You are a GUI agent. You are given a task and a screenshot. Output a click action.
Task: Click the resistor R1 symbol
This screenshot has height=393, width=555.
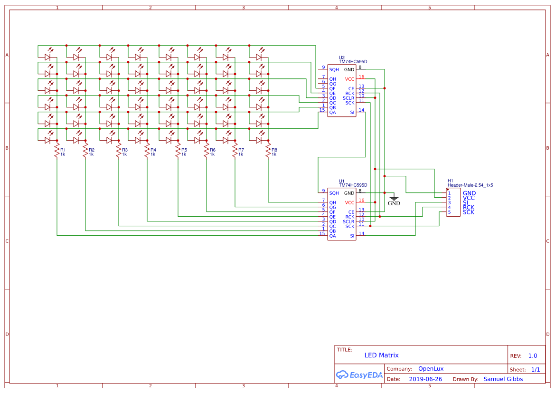point(57,152)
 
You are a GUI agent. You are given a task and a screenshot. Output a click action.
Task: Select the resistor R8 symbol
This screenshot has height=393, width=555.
point(268,152)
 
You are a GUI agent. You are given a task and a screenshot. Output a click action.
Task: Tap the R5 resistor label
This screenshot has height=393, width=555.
point(184,150)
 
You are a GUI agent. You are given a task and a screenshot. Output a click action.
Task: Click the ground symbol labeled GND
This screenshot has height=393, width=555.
point(394,199)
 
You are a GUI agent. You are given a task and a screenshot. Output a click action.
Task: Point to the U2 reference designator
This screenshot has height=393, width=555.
point(342,57)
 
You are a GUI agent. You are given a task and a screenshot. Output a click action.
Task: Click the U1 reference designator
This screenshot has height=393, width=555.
point(342,181)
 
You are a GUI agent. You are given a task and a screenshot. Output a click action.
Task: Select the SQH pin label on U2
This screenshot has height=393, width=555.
point(334,69)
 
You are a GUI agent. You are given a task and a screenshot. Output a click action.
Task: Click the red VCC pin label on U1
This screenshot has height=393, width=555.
point(349,202)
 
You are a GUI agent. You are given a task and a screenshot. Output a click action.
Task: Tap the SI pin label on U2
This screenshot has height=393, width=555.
point(352,112)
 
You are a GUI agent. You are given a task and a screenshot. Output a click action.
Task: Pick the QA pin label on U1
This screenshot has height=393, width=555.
point(332,236)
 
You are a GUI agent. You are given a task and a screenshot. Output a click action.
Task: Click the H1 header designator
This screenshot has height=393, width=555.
point(451,181)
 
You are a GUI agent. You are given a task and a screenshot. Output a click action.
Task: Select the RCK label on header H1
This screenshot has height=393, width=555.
point(469,207)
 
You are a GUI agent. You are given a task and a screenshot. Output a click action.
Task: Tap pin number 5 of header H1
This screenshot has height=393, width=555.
point(449,212)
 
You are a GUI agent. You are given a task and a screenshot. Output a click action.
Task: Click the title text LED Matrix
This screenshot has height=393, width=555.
point(381,355)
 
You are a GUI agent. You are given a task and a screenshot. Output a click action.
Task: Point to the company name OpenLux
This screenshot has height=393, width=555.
point(431,368)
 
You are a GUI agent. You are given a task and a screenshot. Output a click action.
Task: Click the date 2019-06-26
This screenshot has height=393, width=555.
point(425,379)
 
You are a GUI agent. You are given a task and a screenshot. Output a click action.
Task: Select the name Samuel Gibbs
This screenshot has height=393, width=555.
point(503,379)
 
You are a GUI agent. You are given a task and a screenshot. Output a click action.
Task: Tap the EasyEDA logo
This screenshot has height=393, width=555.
point(359,374)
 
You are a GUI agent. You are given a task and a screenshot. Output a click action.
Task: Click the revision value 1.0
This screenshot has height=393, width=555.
point(533,356)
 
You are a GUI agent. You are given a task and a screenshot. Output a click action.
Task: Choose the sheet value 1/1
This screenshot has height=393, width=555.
point(535,369)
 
